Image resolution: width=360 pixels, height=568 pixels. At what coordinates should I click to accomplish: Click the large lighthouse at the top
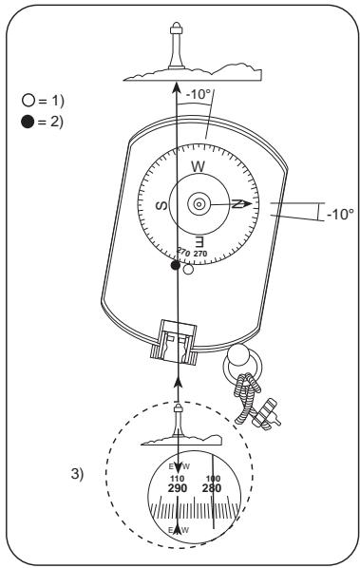(177, 46)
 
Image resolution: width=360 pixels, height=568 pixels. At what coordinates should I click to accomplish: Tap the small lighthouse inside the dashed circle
(178, 420)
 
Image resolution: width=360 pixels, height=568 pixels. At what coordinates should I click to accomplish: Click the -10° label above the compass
(199, 95)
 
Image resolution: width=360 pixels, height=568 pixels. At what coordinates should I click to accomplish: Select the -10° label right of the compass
(340, 214)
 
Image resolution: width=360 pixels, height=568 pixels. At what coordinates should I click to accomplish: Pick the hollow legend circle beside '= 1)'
(28, 101)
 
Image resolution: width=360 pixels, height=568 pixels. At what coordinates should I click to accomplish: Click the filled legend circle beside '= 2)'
(28, 122)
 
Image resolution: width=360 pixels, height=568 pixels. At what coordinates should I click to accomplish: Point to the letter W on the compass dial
(198, 167)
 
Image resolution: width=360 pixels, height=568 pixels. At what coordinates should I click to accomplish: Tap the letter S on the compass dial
(161, 205)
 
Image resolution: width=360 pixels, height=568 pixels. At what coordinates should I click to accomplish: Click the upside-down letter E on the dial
(199, 241)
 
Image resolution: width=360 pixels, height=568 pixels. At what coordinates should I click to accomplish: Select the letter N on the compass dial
(237, 204)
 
